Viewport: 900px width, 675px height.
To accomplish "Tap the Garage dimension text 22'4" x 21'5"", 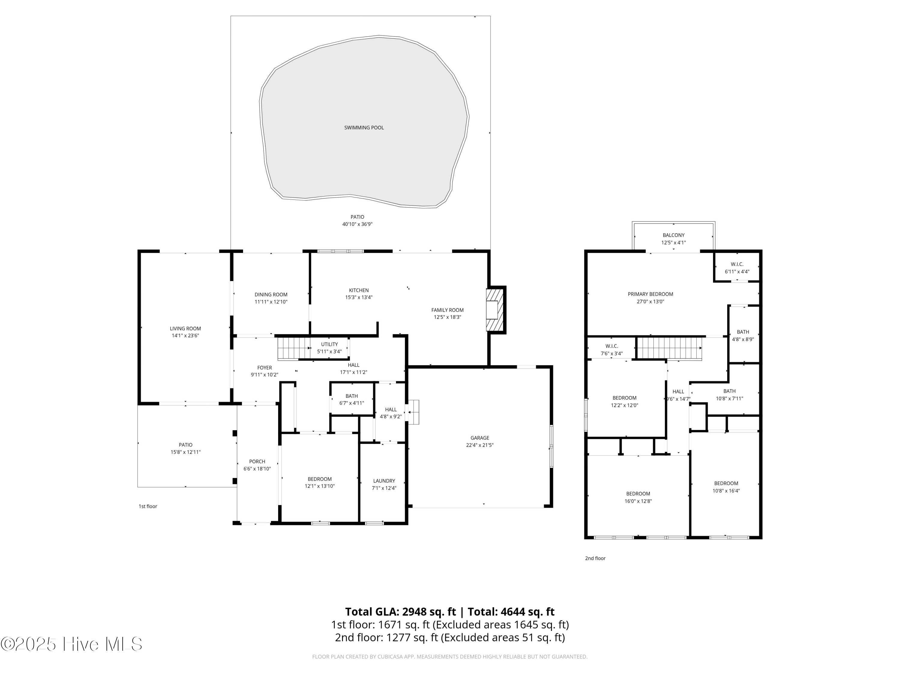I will tap(480, 445).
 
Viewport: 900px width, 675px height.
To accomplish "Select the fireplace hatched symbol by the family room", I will tap(495, 310).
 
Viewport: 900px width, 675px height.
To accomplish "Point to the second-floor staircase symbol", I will tap(669, 348).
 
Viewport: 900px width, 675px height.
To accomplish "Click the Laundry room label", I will tap(384, 481).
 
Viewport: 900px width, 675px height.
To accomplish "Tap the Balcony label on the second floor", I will tap(673, 235).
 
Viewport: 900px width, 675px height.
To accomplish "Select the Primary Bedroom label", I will tap(650, 294).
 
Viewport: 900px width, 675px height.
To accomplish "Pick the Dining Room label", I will tap(271, 295).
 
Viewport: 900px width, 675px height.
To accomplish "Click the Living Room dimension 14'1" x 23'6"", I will tap(185, 336).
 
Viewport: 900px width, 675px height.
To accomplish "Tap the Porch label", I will tap(257, 461).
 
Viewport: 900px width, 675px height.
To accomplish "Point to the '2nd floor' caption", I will tap(595, 558).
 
